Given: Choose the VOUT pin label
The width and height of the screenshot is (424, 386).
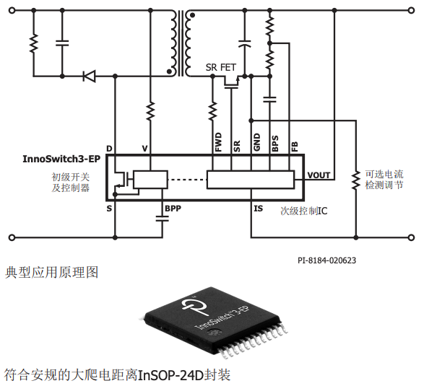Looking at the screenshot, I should (319, 175).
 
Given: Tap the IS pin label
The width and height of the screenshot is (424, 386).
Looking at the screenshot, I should (258, 209).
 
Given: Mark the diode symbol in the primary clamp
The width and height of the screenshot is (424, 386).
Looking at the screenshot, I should (90, 75).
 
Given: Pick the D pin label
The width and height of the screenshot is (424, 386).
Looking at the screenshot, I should (109, 149).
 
